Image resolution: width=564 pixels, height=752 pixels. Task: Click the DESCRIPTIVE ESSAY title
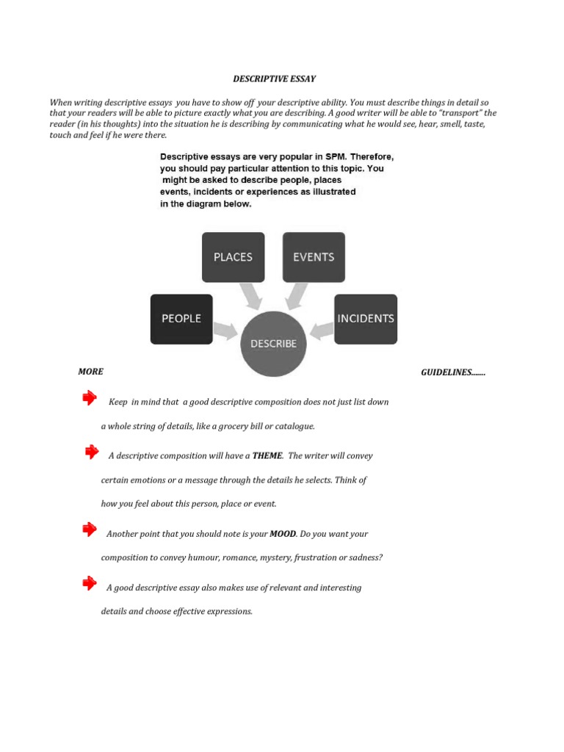point(275,79)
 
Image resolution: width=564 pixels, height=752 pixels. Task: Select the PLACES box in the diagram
point(233,257)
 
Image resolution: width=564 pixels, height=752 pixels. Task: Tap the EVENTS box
point(314,257)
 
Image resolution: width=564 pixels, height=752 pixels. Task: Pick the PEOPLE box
point(181,319)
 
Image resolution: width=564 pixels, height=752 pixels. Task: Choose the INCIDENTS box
point(366,319)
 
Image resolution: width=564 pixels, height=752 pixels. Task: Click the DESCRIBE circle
point(274,343)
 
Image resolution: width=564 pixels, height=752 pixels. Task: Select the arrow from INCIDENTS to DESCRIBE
point(321,330)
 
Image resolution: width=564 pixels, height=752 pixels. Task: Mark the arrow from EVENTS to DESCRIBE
point(297,296)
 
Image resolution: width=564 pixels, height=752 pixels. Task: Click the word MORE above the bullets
point(90,372)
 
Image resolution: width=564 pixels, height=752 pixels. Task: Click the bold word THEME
point(267,455)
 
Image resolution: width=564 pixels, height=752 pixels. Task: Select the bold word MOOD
point(283,534)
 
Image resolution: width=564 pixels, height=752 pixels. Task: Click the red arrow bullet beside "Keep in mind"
point(90,398)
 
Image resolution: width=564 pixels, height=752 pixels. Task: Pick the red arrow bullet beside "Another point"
point(90,529)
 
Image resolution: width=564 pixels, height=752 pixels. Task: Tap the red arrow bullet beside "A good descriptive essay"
point(90,583)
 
